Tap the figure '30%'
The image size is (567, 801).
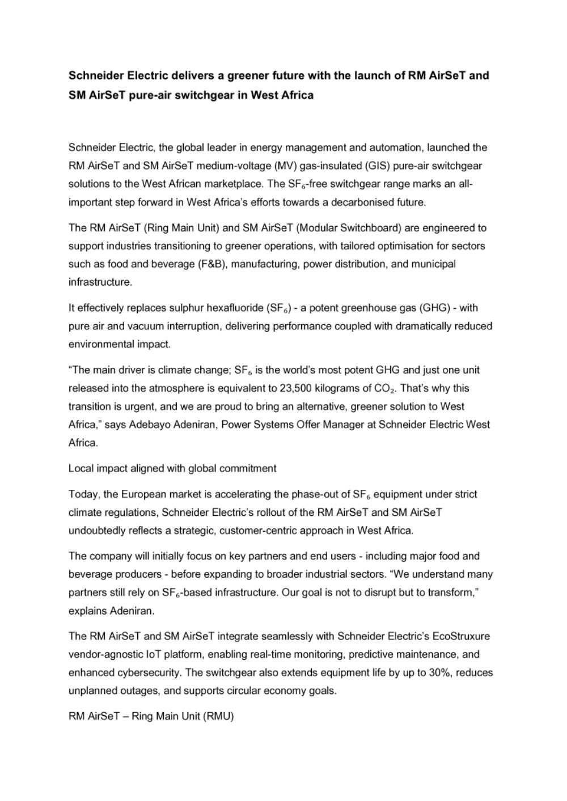[x=439, y=672]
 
